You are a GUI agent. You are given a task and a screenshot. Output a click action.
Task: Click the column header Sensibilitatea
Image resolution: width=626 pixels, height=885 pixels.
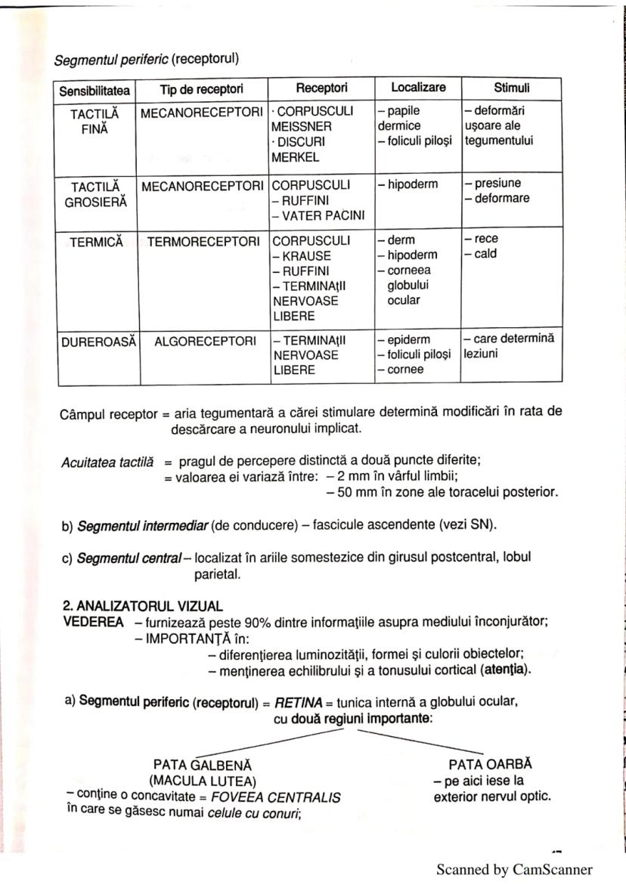[x=95, y=91]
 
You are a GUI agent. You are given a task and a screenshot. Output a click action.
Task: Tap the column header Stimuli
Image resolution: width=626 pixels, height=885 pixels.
[x=511, y=88]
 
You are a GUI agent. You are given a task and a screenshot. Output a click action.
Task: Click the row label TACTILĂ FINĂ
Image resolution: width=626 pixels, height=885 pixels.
[x=95, y=119]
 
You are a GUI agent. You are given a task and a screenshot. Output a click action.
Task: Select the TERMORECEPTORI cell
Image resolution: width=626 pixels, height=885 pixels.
[x=202, y=240]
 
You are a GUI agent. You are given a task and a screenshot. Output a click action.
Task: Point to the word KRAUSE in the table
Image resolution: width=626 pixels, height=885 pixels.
[x=305, y=255]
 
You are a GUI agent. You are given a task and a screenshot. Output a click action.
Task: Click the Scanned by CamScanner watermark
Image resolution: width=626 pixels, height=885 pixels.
[x=514, y=869]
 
